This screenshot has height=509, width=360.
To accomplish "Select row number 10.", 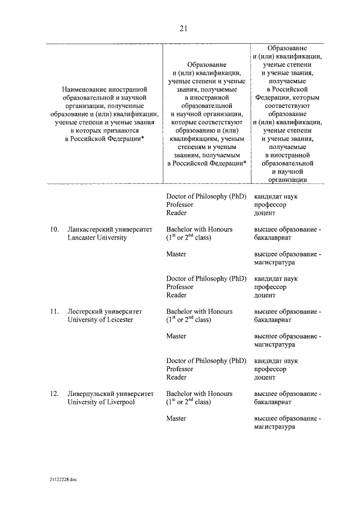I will (x=54, y=229).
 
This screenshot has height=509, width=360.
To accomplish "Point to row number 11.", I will (x=54, y=312).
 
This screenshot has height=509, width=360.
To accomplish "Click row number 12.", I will (x=54, y=394).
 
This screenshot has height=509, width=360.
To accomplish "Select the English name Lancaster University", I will (x=97, y=238).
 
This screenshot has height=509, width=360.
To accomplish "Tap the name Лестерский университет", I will (x=105, y=312).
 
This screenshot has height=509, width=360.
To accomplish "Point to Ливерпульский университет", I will (x=110, y=394).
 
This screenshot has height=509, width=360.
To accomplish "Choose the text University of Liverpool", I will (x=101, y=402).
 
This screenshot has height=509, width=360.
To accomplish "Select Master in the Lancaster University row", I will (x=176, y=254).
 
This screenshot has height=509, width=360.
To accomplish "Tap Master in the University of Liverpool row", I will (x=176, y=418).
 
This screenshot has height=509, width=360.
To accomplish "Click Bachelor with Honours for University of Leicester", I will (x=199, y=312).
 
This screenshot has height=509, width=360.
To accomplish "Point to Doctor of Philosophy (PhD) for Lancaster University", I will (x=206, y=278).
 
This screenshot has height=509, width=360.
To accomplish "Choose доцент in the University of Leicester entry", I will (x=265, y=377).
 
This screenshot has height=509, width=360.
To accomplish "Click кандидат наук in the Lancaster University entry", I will (x=276, y=278).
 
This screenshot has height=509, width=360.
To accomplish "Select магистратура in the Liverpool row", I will (x=274, y=427).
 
